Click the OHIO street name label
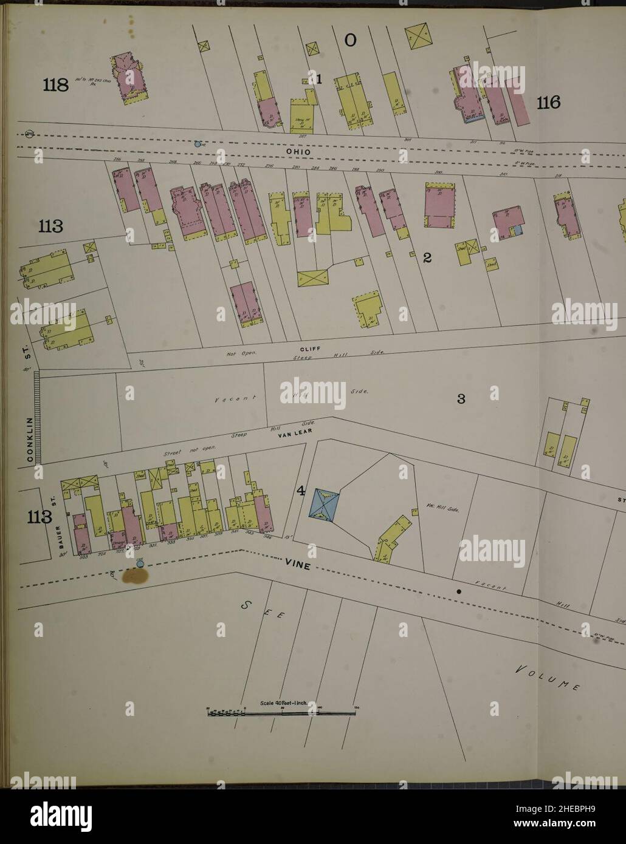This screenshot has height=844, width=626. pyautogui.click(x=299, y=151)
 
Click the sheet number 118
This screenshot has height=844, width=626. pyautogui.click(x=55, y=85)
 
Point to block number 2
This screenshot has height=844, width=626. pyautogui.click(x=427, y=258)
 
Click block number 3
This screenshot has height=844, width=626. pyautogui.click(x=461, y=399)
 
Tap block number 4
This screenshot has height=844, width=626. pyautogui.click(x=301, y=491)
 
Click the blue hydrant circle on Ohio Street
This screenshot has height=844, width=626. pyautogui.click(x=196, y=145)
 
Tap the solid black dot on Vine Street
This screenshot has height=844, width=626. pyautogui.click(x=459, y=590)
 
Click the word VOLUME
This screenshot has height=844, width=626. pyautogui.click(x=546, y=678)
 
